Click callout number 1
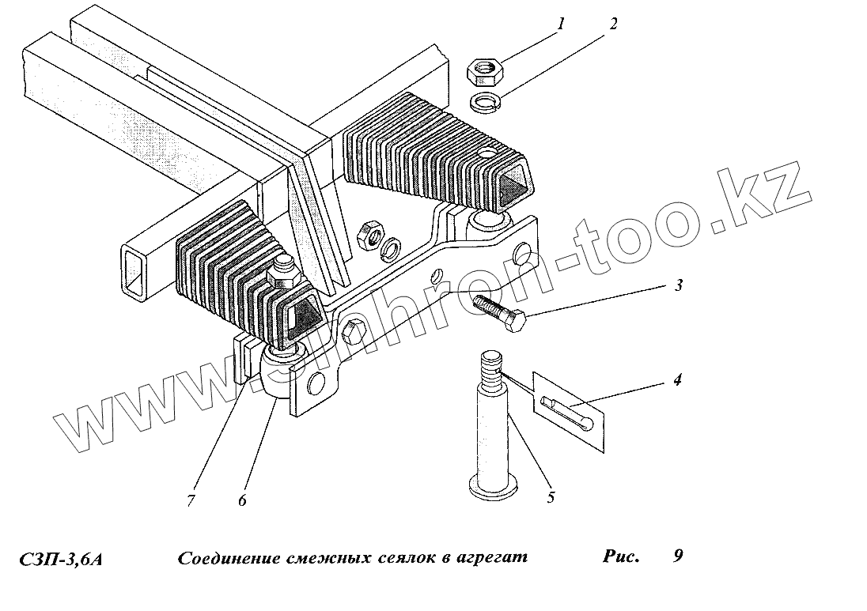[561, 25]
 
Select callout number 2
[612, 25]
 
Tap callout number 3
[678, 286]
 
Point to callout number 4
[677, 380]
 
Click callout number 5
[551, 497]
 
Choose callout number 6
[243, 500]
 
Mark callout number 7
[191, 500]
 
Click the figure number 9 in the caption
[678, 556]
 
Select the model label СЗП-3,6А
[61, 560]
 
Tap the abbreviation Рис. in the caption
[621, 556]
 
